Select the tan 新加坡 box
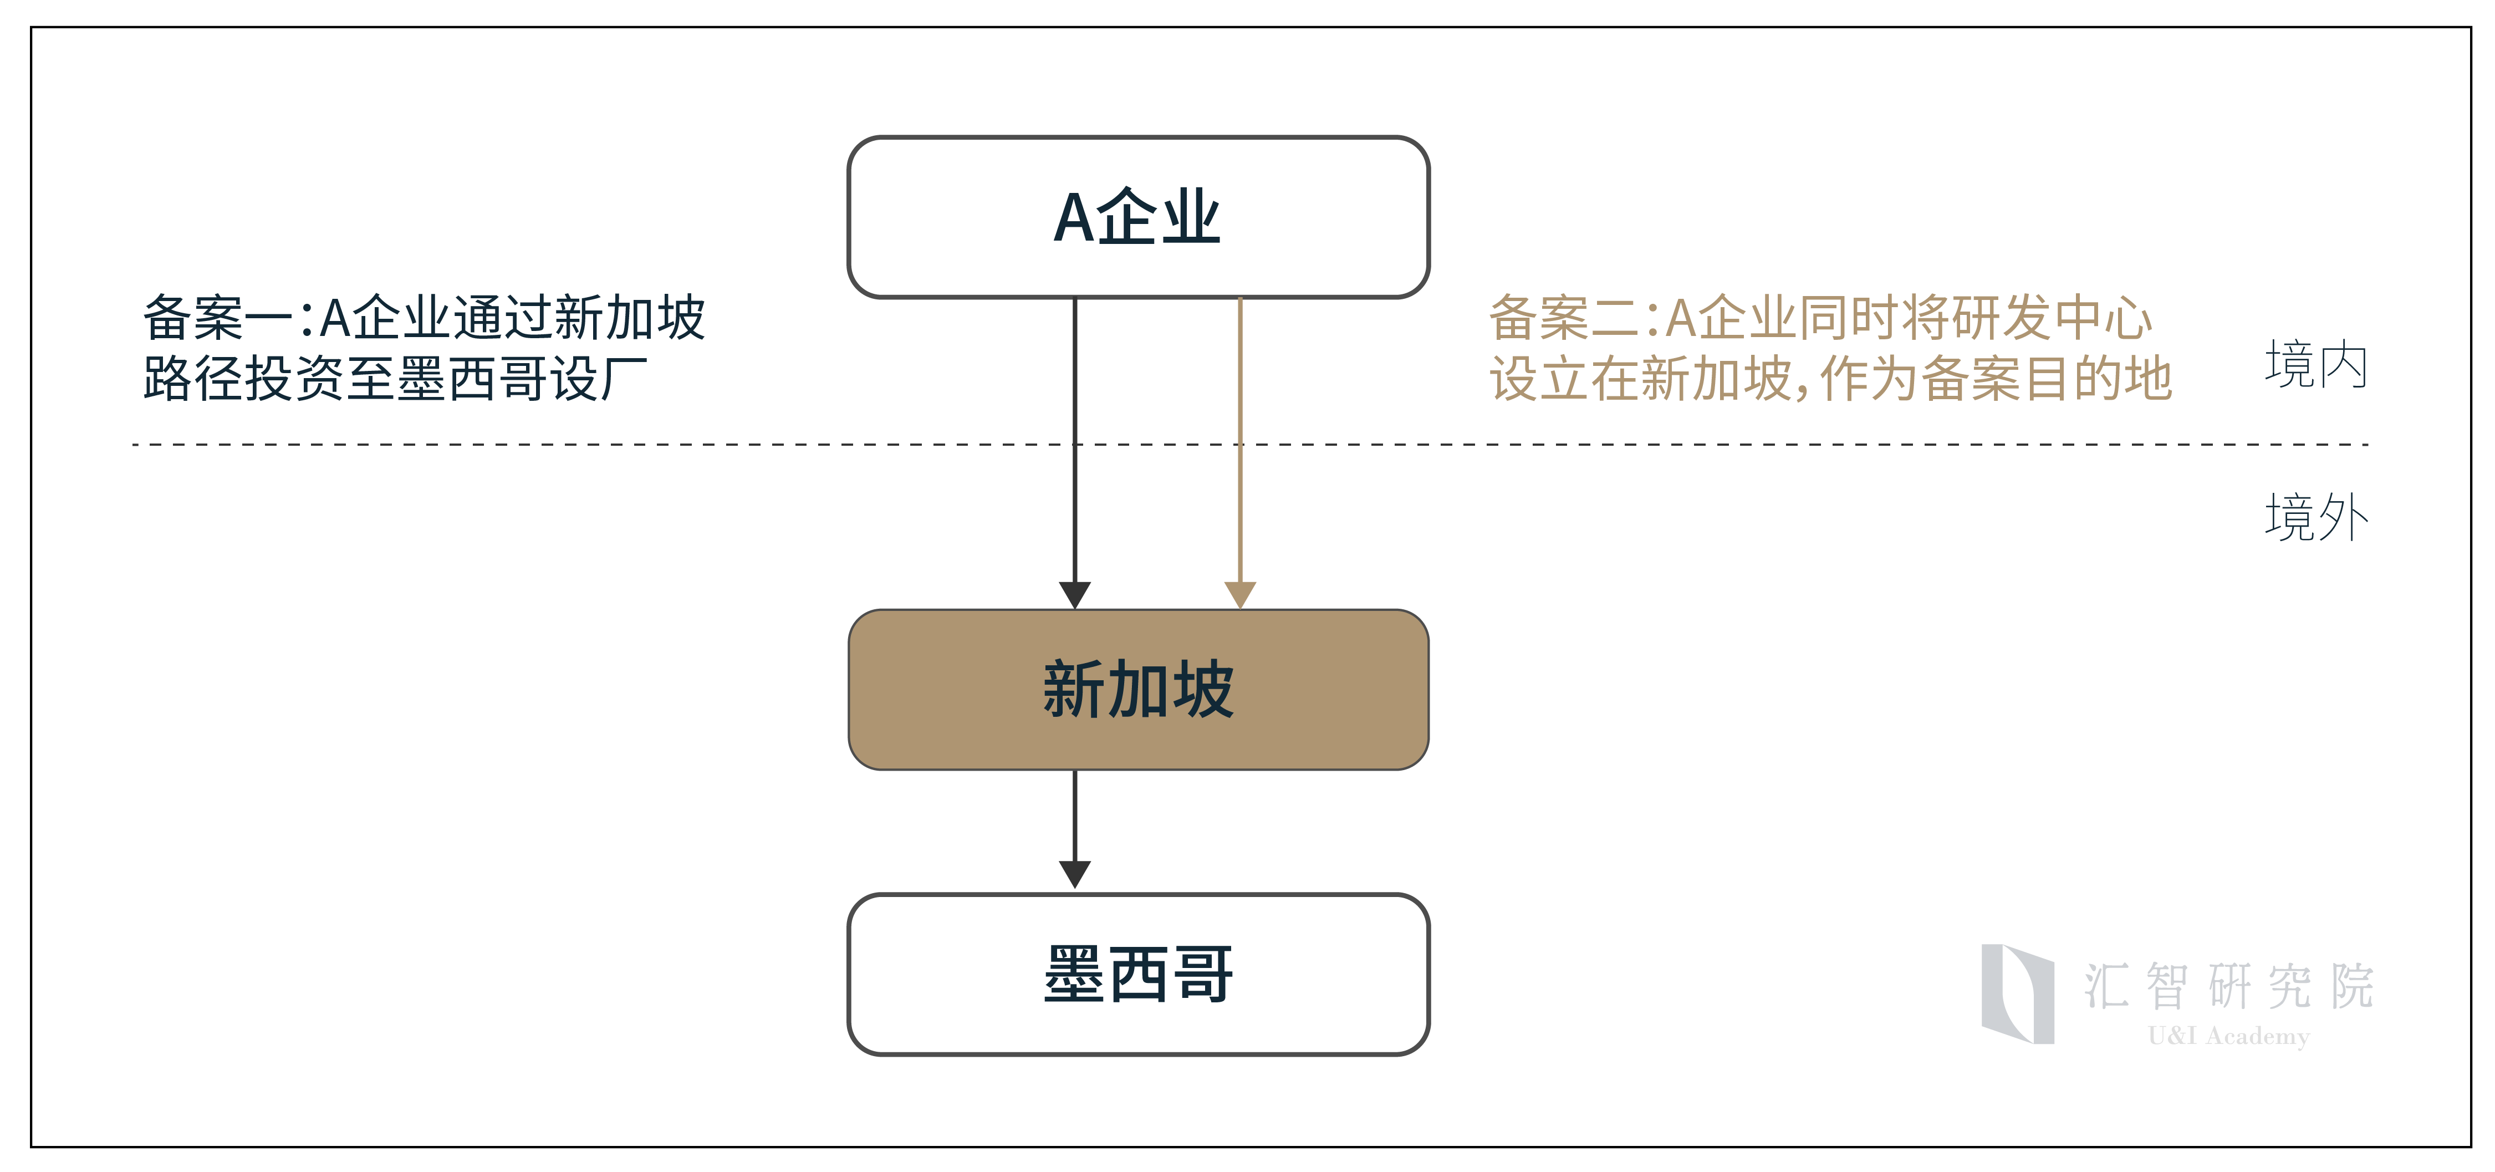1138,690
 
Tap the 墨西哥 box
1138,975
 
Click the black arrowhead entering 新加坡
1075,595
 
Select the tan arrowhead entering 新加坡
1241,595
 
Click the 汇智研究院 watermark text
2228,986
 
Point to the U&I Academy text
2228,1036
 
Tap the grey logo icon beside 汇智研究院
2018,994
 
